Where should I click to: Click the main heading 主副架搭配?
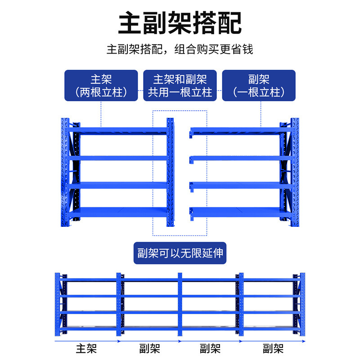coord(180,23)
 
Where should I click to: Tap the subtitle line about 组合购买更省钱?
coord(180,49)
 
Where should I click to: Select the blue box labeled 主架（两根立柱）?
coord(101,85)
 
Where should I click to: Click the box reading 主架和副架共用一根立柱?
coord(180,85)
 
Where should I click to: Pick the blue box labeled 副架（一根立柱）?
coord(259,85)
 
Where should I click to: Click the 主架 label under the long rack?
coord(86,348)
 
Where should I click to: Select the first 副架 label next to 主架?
coord(149,348)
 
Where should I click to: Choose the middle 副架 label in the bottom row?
coord(210,348)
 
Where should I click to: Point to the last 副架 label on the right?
coord(273,348)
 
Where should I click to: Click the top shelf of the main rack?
coord(119,130)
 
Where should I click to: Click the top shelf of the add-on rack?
coord(238,130)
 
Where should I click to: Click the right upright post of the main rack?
coord(170,173)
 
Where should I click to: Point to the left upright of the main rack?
coord(63,173)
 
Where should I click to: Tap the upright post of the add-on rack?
coord(295,173)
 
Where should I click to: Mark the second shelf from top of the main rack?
coord(119,158)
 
